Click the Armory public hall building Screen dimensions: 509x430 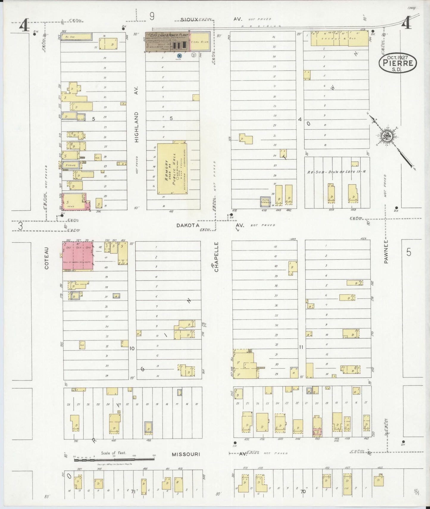pos(172,169)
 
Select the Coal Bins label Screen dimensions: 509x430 pos(200,42)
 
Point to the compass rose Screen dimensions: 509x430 pos(387,137)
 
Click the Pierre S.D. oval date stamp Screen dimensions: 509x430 pos(398,63)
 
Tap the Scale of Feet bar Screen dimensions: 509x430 pos(115,460)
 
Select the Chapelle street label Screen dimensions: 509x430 pos(216,257)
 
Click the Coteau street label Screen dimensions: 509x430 pos(47,262)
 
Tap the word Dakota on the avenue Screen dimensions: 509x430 pos(188,226)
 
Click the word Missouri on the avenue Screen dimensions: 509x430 pos(186,454)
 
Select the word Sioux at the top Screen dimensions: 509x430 pos(189,19)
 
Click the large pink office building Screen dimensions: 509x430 pos(77,256)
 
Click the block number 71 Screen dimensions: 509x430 pos(133,492)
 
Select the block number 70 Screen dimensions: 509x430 pos(303,491)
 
